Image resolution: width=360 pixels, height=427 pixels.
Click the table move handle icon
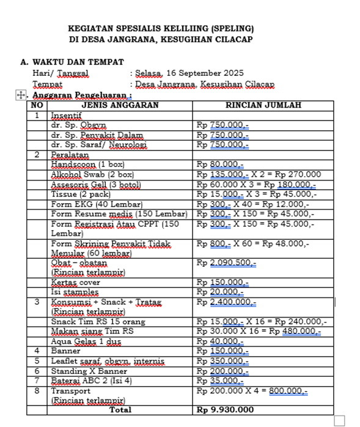pyautogui.click(x=20, y=95)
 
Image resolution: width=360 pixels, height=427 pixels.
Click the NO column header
pyautogui.click(x=37, y=105)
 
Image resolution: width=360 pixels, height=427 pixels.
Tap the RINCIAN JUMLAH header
pyautogui.click(x=263, y=105)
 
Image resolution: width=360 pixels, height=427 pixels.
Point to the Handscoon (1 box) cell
pyautogui.click(x=87, y=165)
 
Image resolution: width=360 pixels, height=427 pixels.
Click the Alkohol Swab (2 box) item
pyautogui.click(x=92, y=174)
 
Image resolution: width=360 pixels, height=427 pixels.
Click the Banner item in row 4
pyautogui.click(x=65, y=351)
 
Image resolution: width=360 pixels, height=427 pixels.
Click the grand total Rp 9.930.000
pyautogui.click(x=225, y=409)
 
